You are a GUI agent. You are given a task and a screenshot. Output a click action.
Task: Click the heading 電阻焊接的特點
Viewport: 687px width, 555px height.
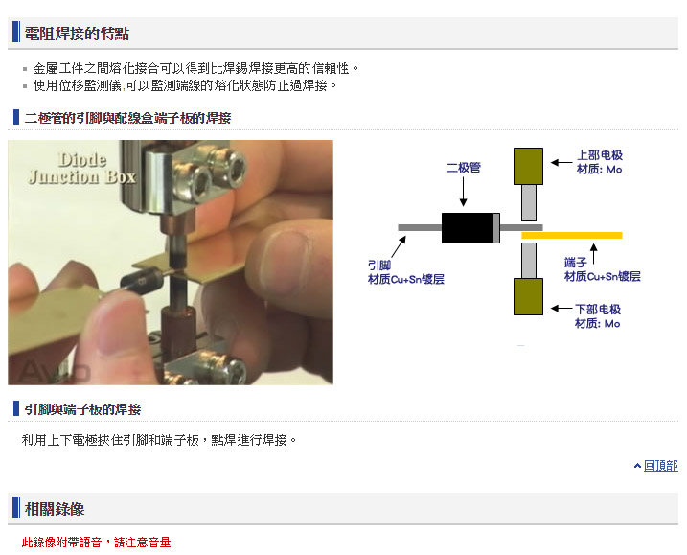tap(77, 34)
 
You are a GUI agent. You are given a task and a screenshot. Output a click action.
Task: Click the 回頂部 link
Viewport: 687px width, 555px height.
tap(661, 466)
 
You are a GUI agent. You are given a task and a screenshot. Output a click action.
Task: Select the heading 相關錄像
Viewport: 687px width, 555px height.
tap(55, 509)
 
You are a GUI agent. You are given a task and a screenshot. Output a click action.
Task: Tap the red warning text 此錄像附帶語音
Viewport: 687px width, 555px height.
tap(61, 543)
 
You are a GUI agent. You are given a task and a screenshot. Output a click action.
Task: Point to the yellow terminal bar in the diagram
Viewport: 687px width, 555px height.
tap(572, 236)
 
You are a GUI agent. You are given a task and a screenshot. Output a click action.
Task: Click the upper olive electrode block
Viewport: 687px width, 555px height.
tap(528, 166)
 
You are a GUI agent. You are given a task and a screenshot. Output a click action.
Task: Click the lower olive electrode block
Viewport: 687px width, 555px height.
tap(528, 297)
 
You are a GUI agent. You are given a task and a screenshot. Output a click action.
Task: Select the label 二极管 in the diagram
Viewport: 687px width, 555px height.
tap(464, 168)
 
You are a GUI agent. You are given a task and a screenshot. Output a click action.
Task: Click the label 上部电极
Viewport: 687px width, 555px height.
tap(600, 155)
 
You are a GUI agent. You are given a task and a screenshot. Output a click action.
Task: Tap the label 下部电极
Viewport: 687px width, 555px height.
tap(598, 310)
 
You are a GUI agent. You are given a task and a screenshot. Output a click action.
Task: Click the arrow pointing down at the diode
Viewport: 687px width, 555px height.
tap(463, 192)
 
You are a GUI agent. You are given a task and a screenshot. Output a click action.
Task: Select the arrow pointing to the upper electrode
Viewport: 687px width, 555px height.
tap(561, 163)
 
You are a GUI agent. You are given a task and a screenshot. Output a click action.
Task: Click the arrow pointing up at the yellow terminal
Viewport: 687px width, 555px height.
tap(594, 254)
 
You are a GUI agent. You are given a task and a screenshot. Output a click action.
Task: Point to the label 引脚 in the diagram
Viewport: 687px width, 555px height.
tap(379, 266)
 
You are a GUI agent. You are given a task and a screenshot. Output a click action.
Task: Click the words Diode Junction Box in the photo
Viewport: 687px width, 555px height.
tap(82, 169)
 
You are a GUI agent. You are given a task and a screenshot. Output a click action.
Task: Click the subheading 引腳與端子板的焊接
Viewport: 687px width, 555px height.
tap(82, 409)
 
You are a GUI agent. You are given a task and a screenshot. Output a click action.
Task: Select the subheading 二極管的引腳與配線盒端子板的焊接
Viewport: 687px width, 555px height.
tap(128, 118)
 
